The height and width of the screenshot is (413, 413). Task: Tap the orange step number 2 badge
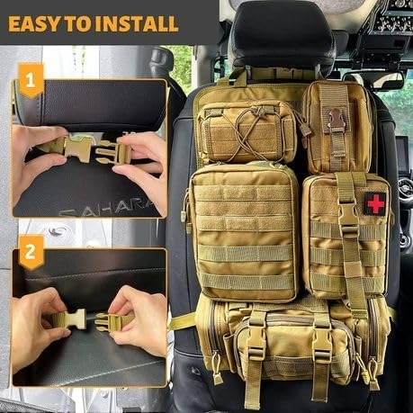[x=31, y=252]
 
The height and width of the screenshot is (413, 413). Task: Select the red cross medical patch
[x=375, y=203]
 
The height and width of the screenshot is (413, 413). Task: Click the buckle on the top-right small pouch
[x=337, y=121]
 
